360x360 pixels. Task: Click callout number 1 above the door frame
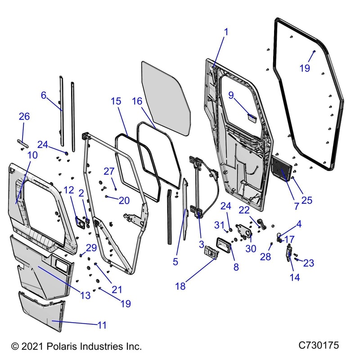226,32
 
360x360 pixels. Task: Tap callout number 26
24,117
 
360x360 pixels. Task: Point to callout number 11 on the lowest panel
103,324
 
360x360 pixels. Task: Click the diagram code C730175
319,346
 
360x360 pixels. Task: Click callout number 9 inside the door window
231,95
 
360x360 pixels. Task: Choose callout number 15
116,101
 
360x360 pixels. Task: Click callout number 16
137,101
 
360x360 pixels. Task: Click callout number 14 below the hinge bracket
295,278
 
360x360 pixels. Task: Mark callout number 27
110,171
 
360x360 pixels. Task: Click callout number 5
175,261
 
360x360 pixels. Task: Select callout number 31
219,224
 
